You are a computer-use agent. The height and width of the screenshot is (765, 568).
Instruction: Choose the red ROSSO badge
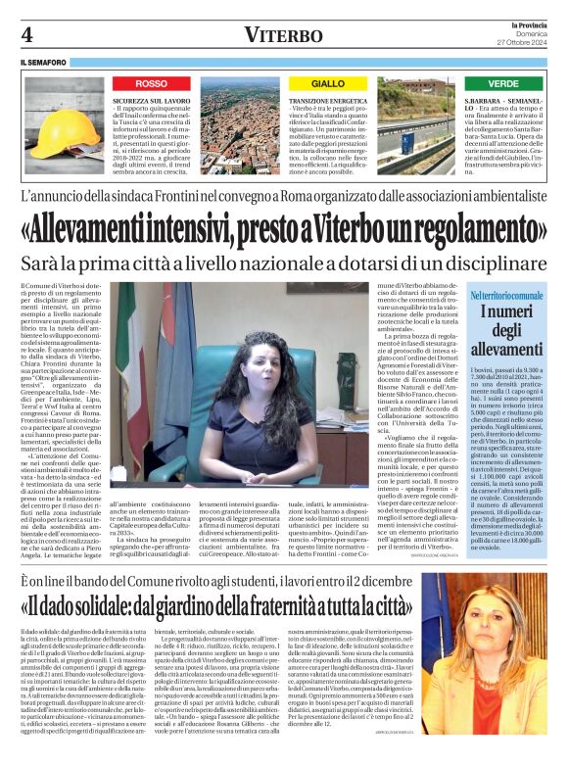(152, 84)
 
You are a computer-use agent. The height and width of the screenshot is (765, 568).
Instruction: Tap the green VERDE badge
(503, 84)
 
